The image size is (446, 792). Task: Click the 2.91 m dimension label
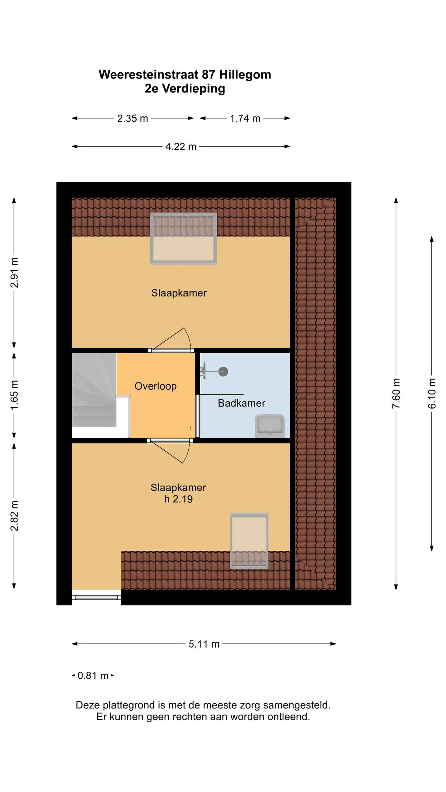[x=14, y=272]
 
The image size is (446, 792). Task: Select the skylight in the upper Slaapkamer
[x=183, y=239]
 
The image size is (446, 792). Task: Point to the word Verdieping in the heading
[x=194, y=89]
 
